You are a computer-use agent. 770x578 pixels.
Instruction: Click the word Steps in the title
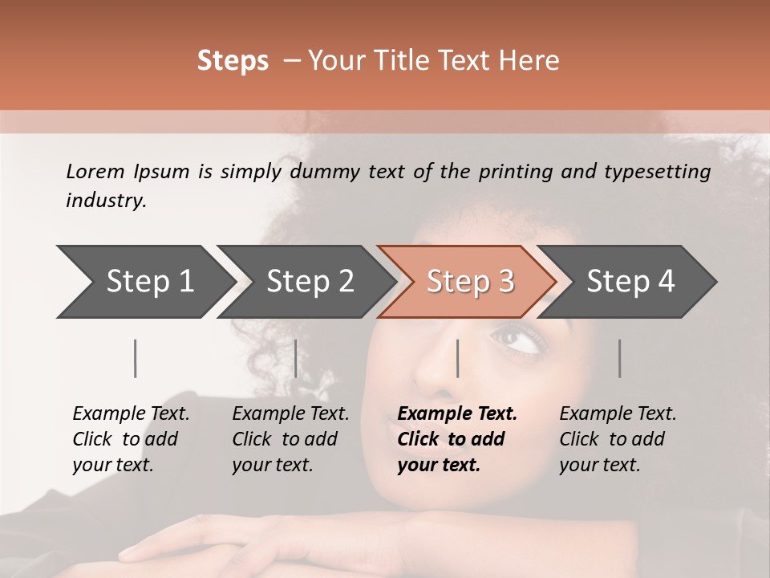[x=233, y=61]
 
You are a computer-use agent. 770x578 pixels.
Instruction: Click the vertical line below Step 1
[x=136, y=358]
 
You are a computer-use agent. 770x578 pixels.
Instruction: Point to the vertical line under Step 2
[x=296, y=358]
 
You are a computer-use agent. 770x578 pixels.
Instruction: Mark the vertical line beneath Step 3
[x=457, y=358]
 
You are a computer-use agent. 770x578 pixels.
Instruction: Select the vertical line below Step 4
[x=619, y=358]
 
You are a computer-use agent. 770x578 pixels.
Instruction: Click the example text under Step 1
[x=131, y=439]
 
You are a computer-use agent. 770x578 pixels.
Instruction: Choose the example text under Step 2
[x=290, y=439]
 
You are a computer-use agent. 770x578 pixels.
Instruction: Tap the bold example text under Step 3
[x=457, y=439]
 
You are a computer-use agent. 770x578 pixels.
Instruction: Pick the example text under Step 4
[x=618, y=439]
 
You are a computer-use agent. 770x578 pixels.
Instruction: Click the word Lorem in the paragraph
[x=94, y=171]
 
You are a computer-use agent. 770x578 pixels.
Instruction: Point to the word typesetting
[x=662, y=172]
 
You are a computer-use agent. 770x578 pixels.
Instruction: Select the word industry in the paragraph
[x=106, y=201]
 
